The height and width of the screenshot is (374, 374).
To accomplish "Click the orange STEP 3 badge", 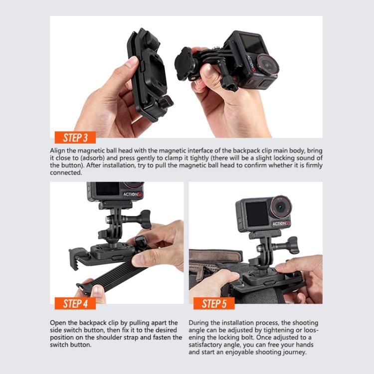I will [75, 138].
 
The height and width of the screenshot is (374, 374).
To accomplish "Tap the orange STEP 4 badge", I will [75, 303].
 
